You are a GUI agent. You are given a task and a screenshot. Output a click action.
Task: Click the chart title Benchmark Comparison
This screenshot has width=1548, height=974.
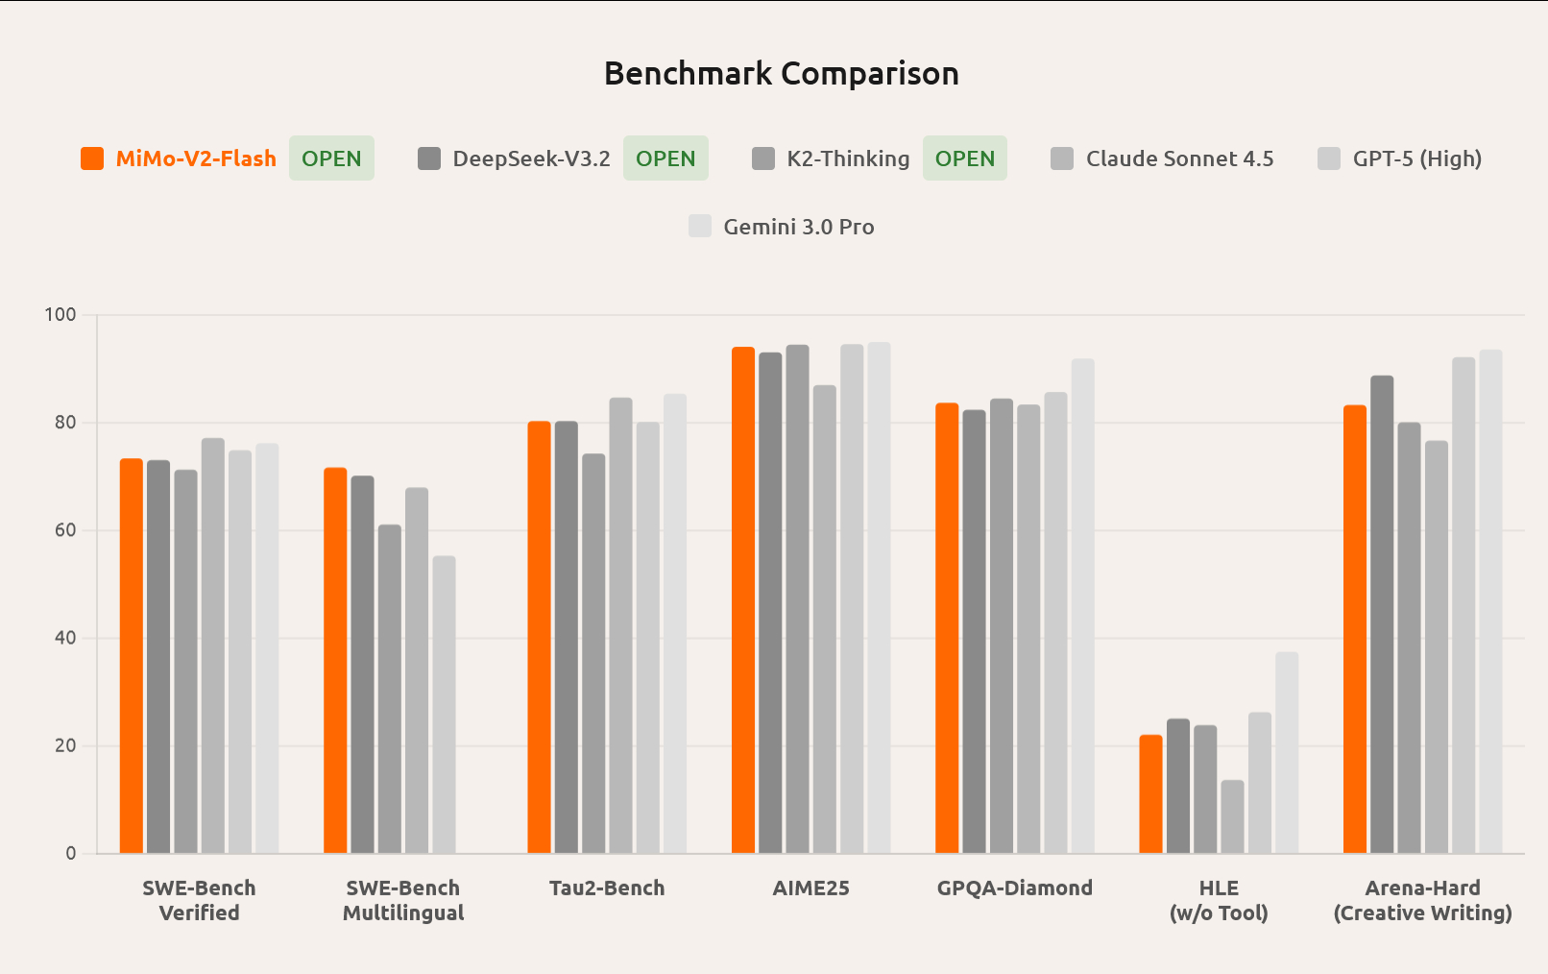tap(781, 74)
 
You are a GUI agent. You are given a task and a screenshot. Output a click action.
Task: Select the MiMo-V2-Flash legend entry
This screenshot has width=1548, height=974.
tap(195, 158)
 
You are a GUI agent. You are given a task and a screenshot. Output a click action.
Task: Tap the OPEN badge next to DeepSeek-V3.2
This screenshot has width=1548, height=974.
tap(665, 158)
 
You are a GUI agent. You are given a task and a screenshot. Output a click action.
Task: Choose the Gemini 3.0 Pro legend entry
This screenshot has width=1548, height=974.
tap(798, 227)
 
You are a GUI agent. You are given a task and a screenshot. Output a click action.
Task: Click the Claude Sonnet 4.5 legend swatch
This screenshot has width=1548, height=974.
tap(1061, 158)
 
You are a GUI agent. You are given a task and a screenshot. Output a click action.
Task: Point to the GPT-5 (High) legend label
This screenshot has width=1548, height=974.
tap(1416, 158)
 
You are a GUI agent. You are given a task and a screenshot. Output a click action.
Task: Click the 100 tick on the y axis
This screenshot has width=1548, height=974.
tap(60, 315)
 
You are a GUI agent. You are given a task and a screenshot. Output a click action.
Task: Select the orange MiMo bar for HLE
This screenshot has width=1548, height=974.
tap(1150, 794)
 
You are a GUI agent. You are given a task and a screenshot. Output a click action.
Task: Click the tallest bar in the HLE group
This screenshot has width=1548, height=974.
tap(1287, 753)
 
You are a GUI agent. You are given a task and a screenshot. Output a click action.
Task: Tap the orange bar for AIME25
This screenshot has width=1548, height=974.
tap(743, 600)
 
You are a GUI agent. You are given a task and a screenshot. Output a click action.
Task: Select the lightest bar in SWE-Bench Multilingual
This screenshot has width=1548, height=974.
tap(444, 705)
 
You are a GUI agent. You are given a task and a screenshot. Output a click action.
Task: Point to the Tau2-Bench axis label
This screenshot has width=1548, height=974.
tap(607, 889)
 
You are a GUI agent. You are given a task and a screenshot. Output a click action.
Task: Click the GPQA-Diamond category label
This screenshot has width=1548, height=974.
tap(1015, 889)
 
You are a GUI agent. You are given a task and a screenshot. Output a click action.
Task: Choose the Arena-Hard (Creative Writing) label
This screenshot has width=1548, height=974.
tap(1422, 900)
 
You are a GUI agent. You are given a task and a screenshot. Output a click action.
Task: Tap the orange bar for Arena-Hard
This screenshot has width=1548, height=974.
tap(1355, 629)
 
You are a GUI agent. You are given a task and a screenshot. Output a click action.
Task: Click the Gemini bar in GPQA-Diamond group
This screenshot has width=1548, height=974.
tap(1082, 606)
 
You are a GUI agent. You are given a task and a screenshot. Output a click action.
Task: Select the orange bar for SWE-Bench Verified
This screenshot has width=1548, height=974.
tap(132, 656)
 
